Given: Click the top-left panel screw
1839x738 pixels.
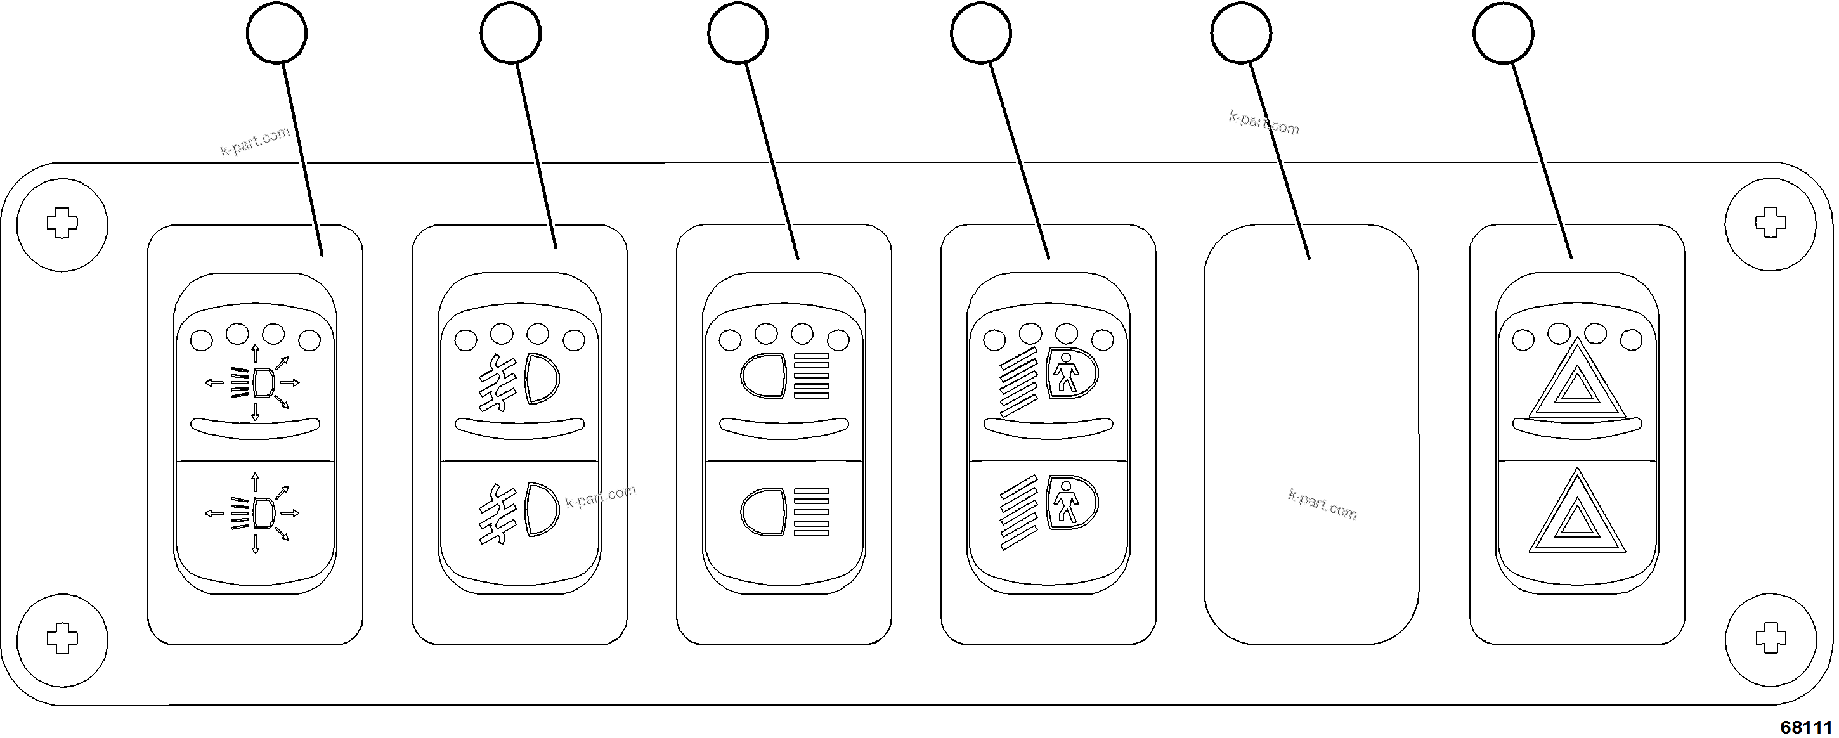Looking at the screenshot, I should [x=62, y=224].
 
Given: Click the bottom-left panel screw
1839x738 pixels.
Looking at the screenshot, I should [x=62, y=638].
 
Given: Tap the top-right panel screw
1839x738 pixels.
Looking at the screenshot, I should [x=1770, y=224].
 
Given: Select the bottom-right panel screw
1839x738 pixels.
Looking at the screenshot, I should [x=1770, y=638].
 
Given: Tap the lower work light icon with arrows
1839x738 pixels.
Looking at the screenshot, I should [x=254, y=512].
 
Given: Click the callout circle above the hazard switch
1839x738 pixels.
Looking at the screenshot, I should [x=1503, y=33].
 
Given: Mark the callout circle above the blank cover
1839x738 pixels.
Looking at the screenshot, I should [x=1241, y=33].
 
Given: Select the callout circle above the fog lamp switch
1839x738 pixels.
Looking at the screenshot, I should [x=510, y=33].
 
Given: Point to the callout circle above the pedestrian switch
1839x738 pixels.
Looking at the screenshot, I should [x=980, y=33].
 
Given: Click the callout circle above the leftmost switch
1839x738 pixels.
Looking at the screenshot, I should [x=276, y=33].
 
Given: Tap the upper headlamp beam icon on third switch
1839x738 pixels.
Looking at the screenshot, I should [x=785, y=375].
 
